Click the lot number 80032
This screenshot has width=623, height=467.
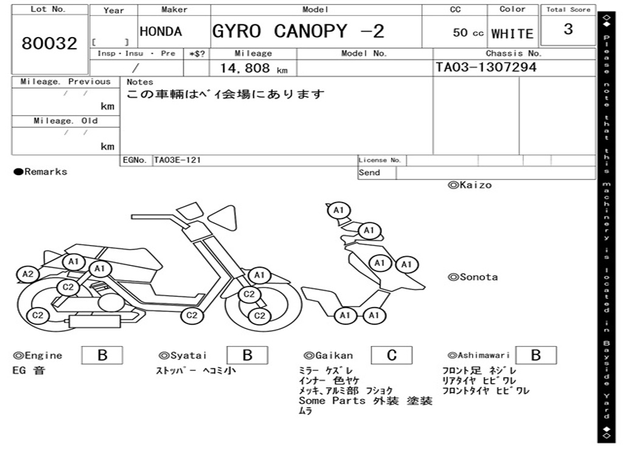click(49, 43)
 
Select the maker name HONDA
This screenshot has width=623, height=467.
click(161, 32)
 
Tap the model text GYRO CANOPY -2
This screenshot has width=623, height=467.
click(298, 31)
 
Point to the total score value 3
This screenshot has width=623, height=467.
click(568, 29)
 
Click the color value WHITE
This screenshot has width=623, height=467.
click(512, 34)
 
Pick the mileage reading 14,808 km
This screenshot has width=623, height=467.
click(254, 68)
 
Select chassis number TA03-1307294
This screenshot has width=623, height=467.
click(486, 67)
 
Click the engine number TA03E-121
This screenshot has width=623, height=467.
click(177, 160)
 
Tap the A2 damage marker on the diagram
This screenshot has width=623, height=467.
click(28, 274)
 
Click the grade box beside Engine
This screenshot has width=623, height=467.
click(102, 355)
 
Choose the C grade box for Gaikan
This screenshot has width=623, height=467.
click(392, 355)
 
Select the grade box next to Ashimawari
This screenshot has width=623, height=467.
click(536, 355)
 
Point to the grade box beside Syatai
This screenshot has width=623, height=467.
click(247, 355)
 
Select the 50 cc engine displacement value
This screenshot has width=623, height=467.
click(468, 33)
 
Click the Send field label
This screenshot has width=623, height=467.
click(369, 173)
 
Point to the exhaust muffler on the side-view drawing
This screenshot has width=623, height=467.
click(95, 321)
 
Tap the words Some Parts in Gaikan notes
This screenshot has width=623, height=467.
click(332, 401)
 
